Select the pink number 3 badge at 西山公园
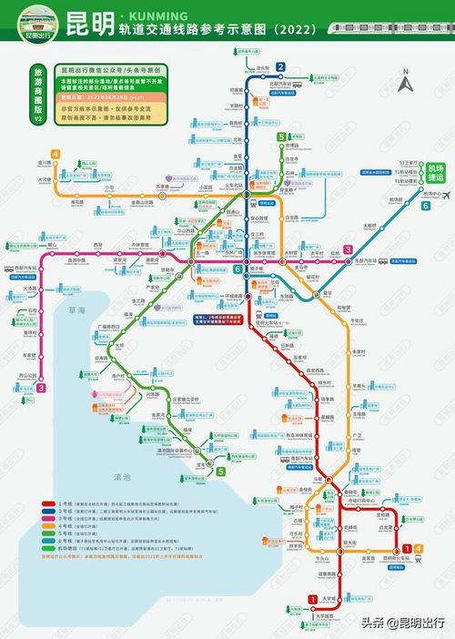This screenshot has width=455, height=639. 41,388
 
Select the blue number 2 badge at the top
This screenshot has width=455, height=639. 281,66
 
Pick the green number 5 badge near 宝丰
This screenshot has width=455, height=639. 220,471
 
